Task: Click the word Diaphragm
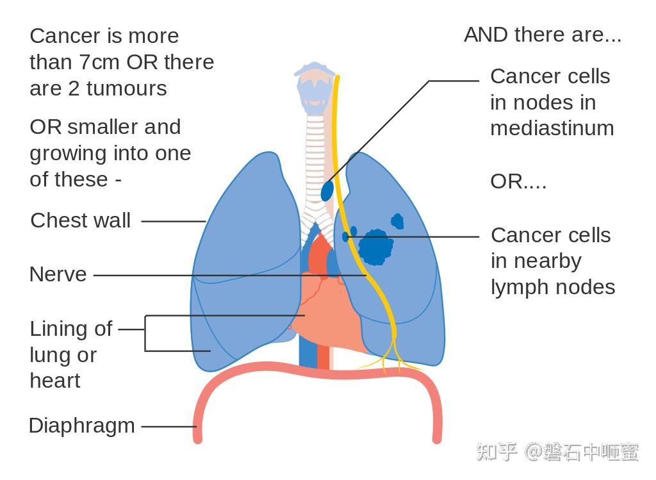[x=82, y=426]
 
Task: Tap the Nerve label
[x=58, y=274]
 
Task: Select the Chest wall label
[x=81, y=220]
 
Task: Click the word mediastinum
[x=552, y=128]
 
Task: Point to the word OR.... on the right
[x=518, y=181]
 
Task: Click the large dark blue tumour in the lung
[x=375, y=247]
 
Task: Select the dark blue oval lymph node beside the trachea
[x=327, y=190]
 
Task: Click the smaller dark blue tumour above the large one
[x=397, y=222]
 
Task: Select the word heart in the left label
[x=55, y=381]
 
